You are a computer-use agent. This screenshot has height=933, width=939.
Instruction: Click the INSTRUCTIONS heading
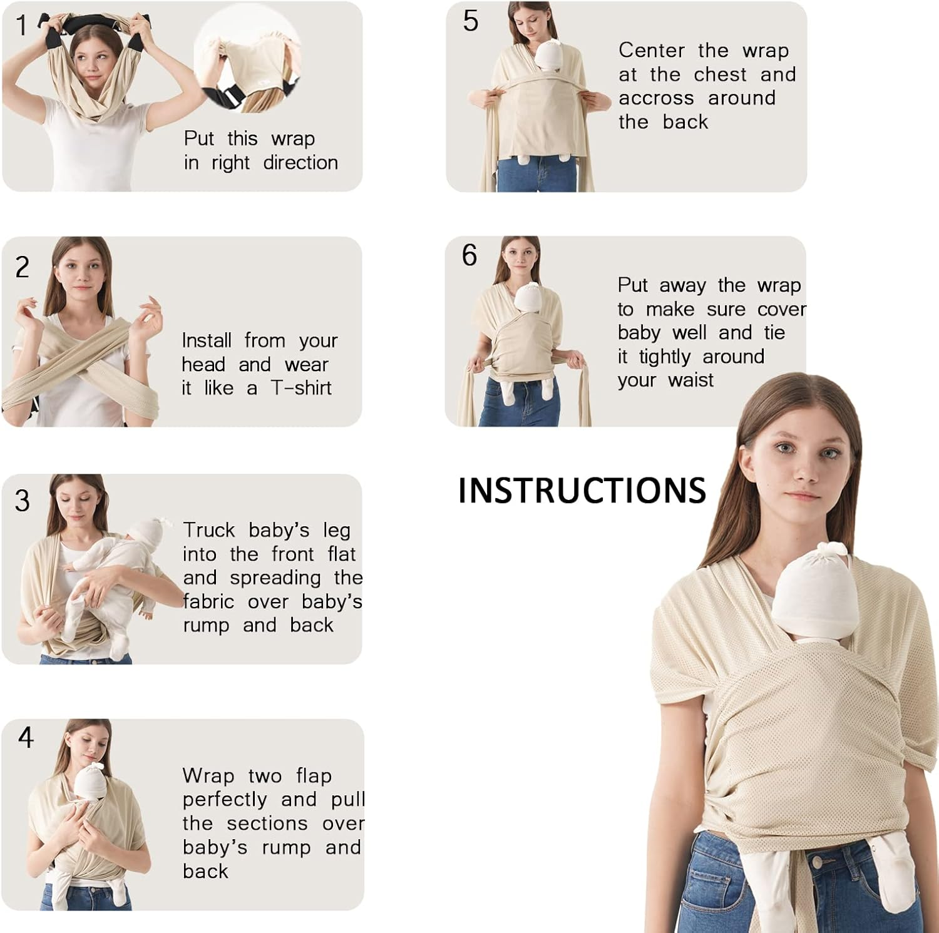[x=582, y=490]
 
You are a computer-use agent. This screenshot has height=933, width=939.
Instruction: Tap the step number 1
[x=22, y=26]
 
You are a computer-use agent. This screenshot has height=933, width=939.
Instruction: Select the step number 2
[x=22, y=268]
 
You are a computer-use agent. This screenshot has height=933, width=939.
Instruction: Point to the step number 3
[x=22, y=501]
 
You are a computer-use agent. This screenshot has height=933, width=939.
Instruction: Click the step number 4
[x=26, y=738]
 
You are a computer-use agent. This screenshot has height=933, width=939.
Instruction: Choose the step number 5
[x=471, y=21]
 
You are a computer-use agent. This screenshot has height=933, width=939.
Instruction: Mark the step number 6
[x=469, y=255]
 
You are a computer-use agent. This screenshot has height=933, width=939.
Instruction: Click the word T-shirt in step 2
[x=301, y=388]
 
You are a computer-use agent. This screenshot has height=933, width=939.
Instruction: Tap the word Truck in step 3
[x=208, y=530]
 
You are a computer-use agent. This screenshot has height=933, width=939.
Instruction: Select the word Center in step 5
[x=651, y=50]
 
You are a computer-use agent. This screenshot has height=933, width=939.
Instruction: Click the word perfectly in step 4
[x=225, y=800]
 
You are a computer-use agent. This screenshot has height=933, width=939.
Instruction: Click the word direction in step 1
[x=300, y=163]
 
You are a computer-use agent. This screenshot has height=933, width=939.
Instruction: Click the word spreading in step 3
[x=275, y=578]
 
